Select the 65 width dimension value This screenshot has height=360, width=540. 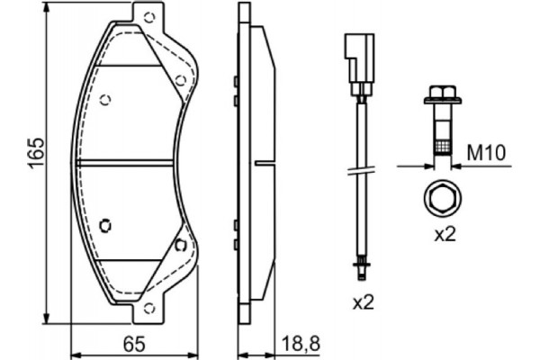pyautogui.click(x=134, y=341)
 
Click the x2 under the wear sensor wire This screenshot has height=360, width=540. pyautogui.click(x=362, y=303)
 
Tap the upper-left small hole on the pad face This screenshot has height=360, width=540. pyautogui.click(x=106, y=99)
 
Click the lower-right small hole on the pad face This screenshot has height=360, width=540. pyautogui.click(x=180, y=244)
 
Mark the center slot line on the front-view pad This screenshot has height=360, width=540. pyautogui.click(x=126, y=162)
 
